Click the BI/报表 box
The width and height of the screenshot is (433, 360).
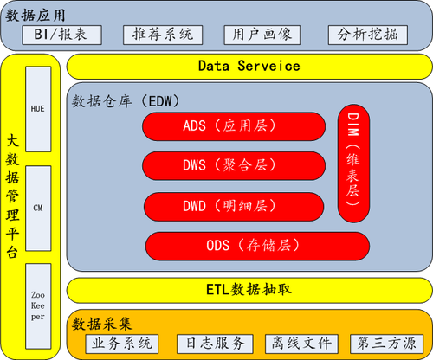pyautogui.click(x=61, y=35)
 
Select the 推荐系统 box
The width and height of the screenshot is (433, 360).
pyautogui.click(x=163, y=35)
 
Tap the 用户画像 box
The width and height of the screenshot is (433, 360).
pyautogui.click(x=262, y=35)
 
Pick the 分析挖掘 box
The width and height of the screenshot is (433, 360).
pyautogui.click(x=368, y=35)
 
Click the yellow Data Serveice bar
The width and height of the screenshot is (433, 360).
pyautogui.click(x=249, y=67)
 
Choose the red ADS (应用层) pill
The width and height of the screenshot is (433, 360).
pyautogui.click(x=234, y=126)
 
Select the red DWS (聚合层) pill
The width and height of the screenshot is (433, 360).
pyautogui.click(x=234, y=166)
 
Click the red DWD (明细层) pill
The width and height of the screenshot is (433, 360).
pyautogui.click(x=234, y=207)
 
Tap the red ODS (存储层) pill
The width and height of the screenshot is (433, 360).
pyautogui.click(x=257, y=246)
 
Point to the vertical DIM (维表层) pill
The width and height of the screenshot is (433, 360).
pyautogui.click(x=353, y=164)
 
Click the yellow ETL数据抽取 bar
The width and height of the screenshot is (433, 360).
pyautogui.click(x=249, y=290)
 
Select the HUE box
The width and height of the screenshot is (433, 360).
pyautogui.click(x=38, y=109)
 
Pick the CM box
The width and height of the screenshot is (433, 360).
pyautogui.click(x=38, y=209)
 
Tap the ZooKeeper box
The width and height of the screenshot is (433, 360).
pyautogui.click(x=38, y=306)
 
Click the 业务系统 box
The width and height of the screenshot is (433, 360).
pyautogui.click(x=122, y=344)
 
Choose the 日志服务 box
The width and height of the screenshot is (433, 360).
pyautogui.click(x=215, y=344)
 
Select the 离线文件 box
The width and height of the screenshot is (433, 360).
pyautogui.click(x=301, y=344)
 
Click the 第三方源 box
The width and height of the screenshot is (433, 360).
pyautogui.click(x=387, y=344)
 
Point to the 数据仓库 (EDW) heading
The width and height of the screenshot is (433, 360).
pyautogui.click(x=126, y=101)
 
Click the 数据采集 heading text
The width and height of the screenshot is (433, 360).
pyautogui.click(x=102, y=324)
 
